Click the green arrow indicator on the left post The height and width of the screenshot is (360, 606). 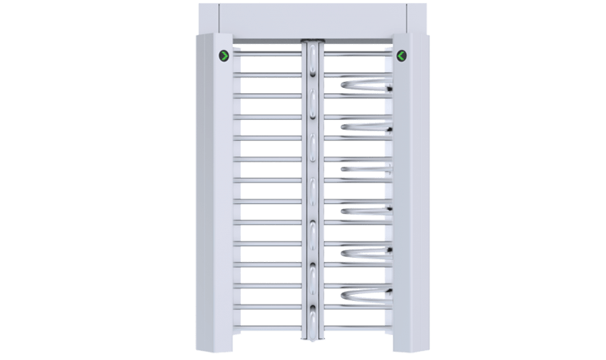coord(224,55)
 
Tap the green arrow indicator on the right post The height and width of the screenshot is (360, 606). coord(401,55)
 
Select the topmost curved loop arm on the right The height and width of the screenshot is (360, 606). coord(367,85)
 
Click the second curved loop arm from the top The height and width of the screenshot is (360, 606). coord(367,127)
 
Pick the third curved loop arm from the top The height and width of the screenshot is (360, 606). coord(367,167)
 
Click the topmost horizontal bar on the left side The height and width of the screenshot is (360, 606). coord(269,55)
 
